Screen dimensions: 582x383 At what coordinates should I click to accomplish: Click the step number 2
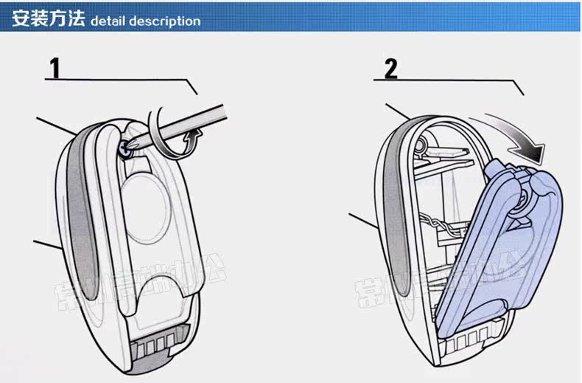(x=390, y=69)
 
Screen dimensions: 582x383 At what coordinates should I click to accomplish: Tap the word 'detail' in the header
(x=108, y=21)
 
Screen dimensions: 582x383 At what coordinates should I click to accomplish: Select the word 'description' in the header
(x=164, y=21)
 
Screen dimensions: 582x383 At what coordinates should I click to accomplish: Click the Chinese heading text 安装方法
(x=48, y=19)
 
